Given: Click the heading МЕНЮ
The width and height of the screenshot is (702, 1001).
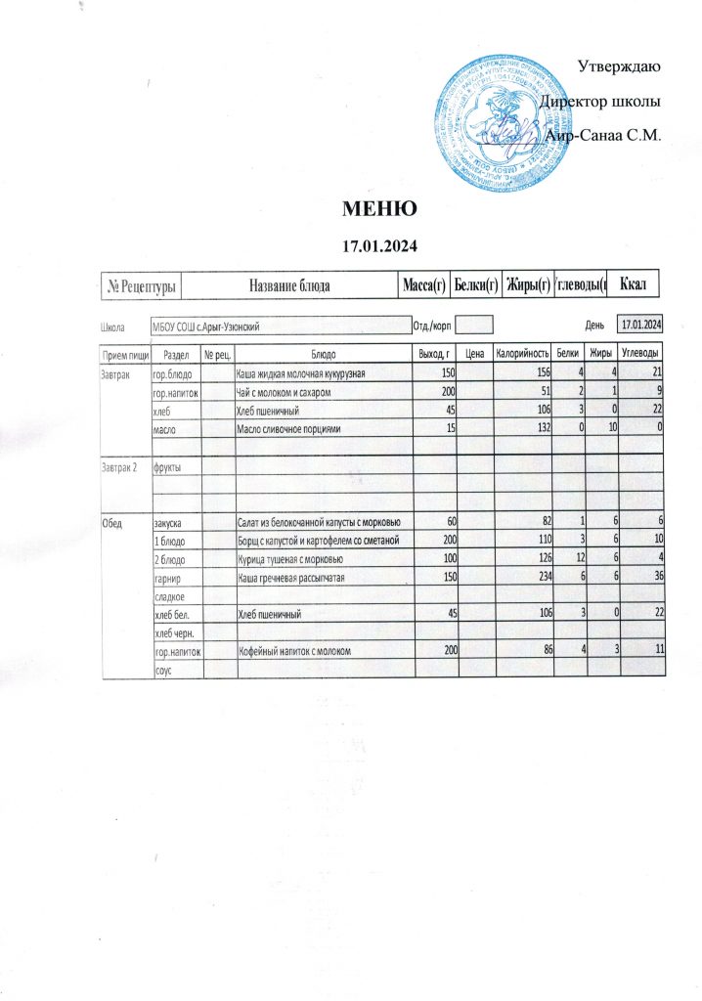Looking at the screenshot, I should pos(379,208).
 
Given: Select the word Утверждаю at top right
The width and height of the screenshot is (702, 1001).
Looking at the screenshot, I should pos(620,67).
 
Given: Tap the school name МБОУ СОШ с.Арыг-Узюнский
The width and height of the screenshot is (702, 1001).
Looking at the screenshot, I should pos(206,325).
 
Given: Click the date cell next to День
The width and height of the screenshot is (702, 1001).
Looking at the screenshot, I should pos(642,324).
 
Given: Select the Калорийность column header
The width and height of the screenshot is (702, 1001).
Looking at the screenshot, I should pos(522,353).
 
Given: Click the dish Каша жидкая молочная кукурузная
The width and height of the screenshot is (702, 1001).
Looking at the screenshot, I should pos(301,373).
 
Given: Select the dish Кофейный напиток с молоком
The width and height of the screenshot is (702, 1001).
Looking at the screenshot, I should pos(295,650).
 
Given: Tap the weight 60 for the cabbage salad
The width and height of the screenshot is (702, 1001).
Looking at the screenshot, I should pos(451,523).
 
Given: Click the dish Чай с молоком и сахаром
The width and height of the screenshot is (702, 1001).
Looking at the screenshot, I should pos(285,392).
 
